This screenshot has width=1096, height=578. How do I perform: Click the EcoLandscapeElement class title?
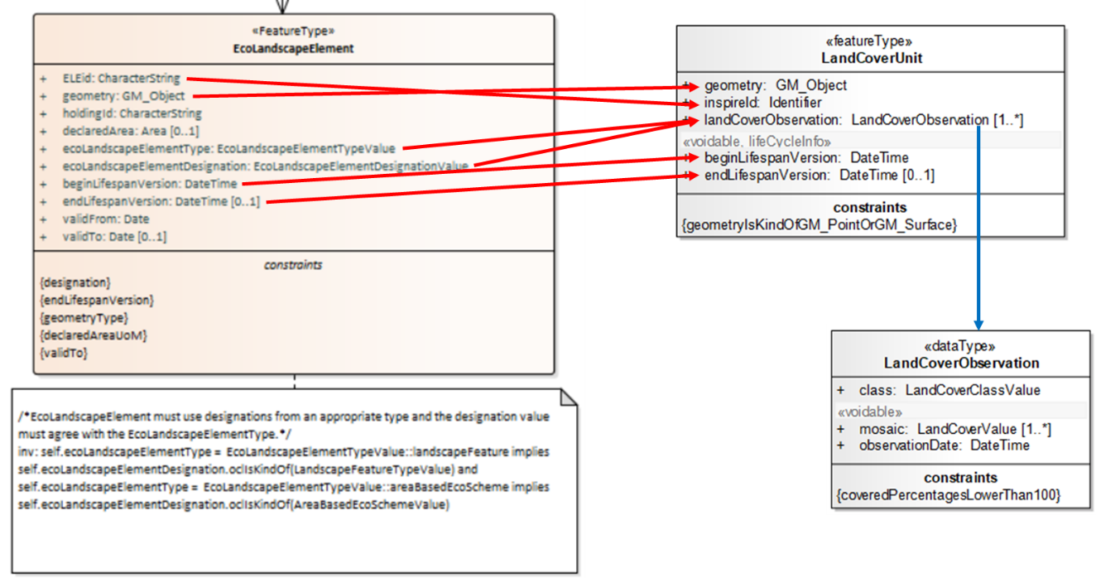pyautogui.click(x=294, y=48)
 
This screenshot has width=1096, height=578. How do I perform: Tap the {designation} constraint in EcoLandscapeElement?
pyautogui.click(x=75, y=282)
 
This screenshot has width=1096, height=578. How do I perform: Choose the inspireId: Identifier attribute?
pyautogui.click(x=763, y=103)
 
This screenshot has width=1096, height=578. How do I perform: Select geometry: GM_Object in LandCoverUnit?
pyautogui.click(x=776, y=85)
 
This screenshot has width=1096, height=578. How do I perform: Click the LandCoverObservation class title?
pyautogui.click(x=961, y=363)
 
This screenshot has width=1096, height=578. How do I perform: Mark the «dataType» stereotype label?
pyautogui.click(x=961, y=347)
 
